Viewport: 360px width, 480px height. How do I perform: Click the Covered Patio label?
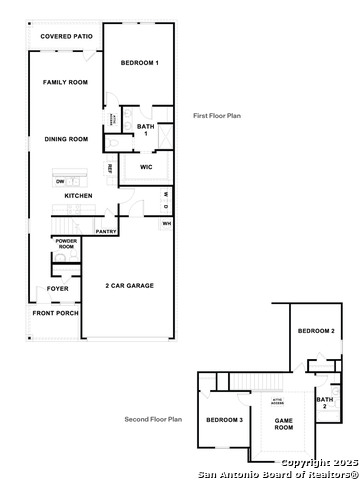tap(66, 37)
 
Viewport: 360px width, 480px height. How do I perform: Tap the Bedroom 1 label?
tap(140, 63)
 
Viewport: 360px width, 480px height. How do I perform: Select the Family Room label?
tap(66, 82)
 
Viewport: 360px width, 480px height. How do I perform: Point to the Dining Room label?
tap(66, 139)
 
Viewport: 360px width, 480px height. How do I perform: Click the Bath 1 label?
tap(145, 130)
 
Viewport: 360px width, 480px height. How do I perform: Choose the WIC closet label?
tap(146, 166)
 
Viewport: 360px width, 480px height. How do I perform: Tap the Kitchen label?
tap(79, 196)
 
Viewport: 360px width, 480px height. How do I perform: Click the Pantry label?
tap(106, 232)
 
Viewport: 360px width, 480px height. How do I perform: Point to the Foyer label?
tap(58, 290)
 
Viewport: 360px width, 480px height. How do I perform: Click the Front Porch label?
tap(55, 314)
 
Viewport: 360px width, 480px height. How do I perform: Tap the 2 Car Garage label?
tap(129, 286)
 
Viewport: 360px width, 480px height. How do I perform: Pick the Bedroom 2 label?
tap(317, 331)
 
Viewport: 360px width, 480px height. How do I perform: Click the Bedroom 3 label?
tap(225, 420)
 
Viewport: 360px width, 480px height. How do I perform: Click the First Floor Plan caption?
tap(217, 116)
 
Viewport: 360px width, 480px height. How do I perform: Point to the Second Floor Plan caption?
tap(153, 420)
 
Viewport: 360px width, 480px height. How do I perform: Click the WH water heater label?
tap(167, 223)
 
